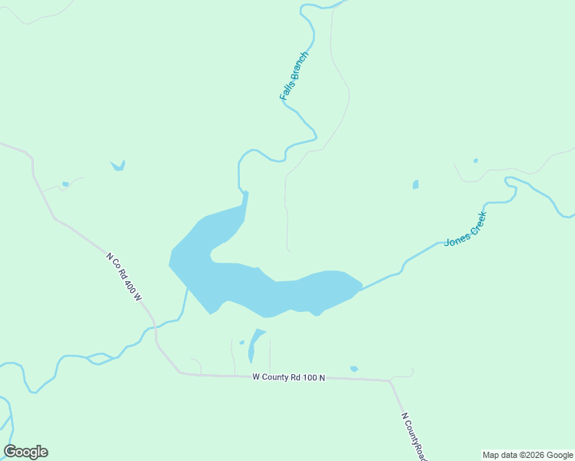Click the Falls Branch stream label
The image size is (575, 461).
(294, 77)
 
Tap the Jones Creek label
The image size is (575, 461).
(466, 229)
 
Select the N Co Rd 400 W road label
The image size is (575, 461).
(125, 277)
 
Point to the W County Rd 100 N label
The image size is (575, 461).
(289, 377)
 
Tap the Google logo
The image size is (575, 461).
(26, 452)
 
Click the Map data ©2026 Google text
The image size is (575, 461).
(527, 455)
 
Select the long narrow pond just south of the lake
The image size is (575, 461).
(254, 345)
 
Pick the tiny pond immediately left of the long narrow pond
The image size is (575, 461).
(241, 342)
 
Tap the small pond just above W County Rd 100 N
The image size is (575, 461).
(354, 369)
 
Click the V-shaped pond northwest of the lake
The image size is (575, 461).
(118, 165)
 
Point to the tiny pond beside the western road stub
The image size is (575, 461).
(65, 184)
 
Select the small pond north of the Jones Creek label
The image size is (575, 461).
(416, 184)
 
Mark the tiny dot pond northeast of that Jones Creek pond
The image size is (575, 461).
(476, 161)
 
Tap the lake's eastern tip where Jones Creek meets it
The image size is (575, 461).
(359, 287)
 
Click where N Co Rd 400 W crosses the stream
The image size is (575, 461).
(155, 326)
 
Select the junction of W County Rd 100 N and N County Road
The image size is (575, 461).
(391, 380)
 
